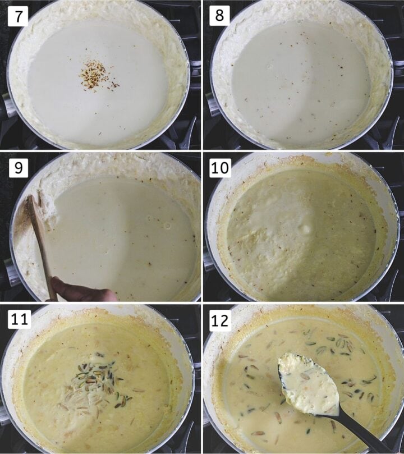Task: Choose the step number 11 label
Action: pos(20,320)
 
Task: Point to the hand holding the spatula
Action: pos(79,290)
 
